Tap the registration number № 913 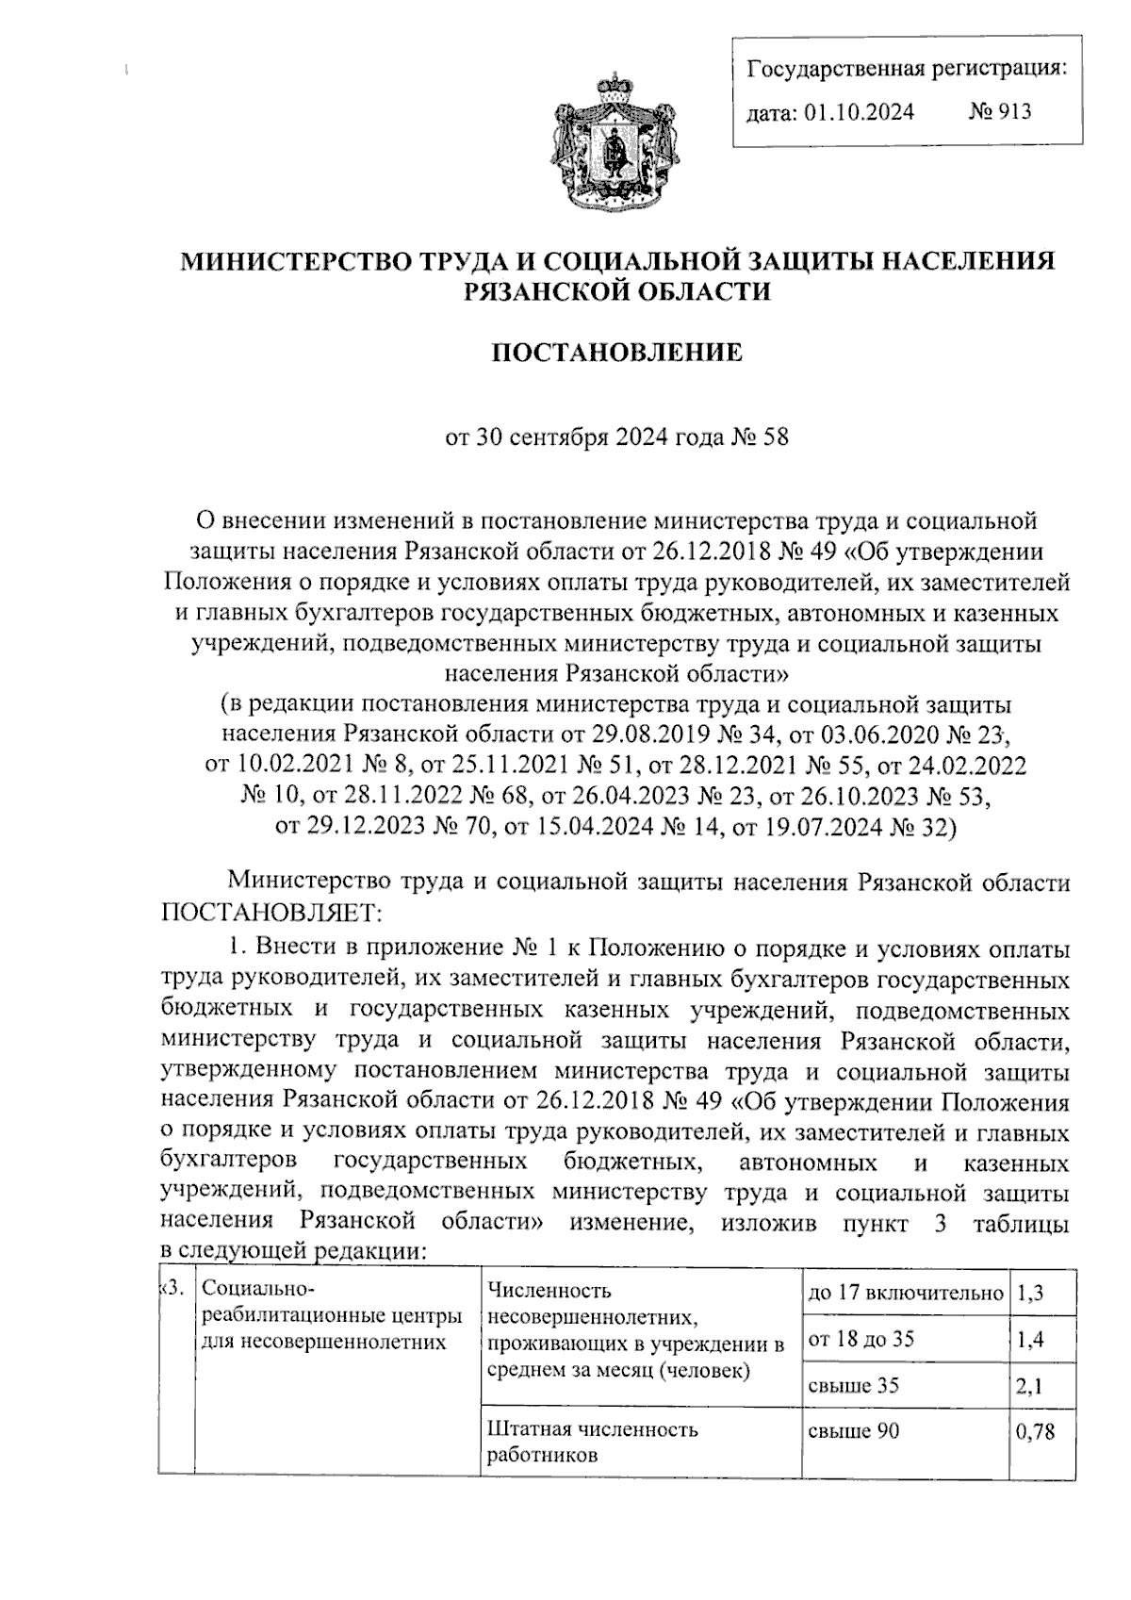point(1000,112)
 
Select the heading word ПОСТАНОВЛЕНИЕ point(618,354)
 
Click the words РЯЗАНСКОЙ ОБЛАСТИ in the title point(618,291)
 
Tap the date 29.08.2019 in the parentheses point(647,733)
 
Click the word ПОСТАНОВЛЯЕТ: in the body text point(271,913)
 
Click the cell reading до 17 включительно point(905,1294)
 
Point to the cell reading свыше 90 point(854,1431)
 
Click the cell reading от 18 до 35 point(861,1339)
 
